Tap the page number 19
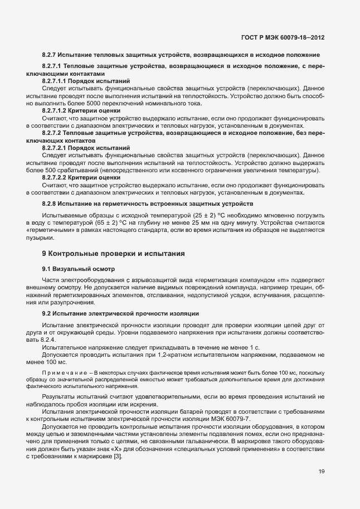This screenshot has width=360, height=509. click(x=322, y=472)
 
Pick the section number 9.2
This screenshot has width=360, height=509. click(x=47, y=314)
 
